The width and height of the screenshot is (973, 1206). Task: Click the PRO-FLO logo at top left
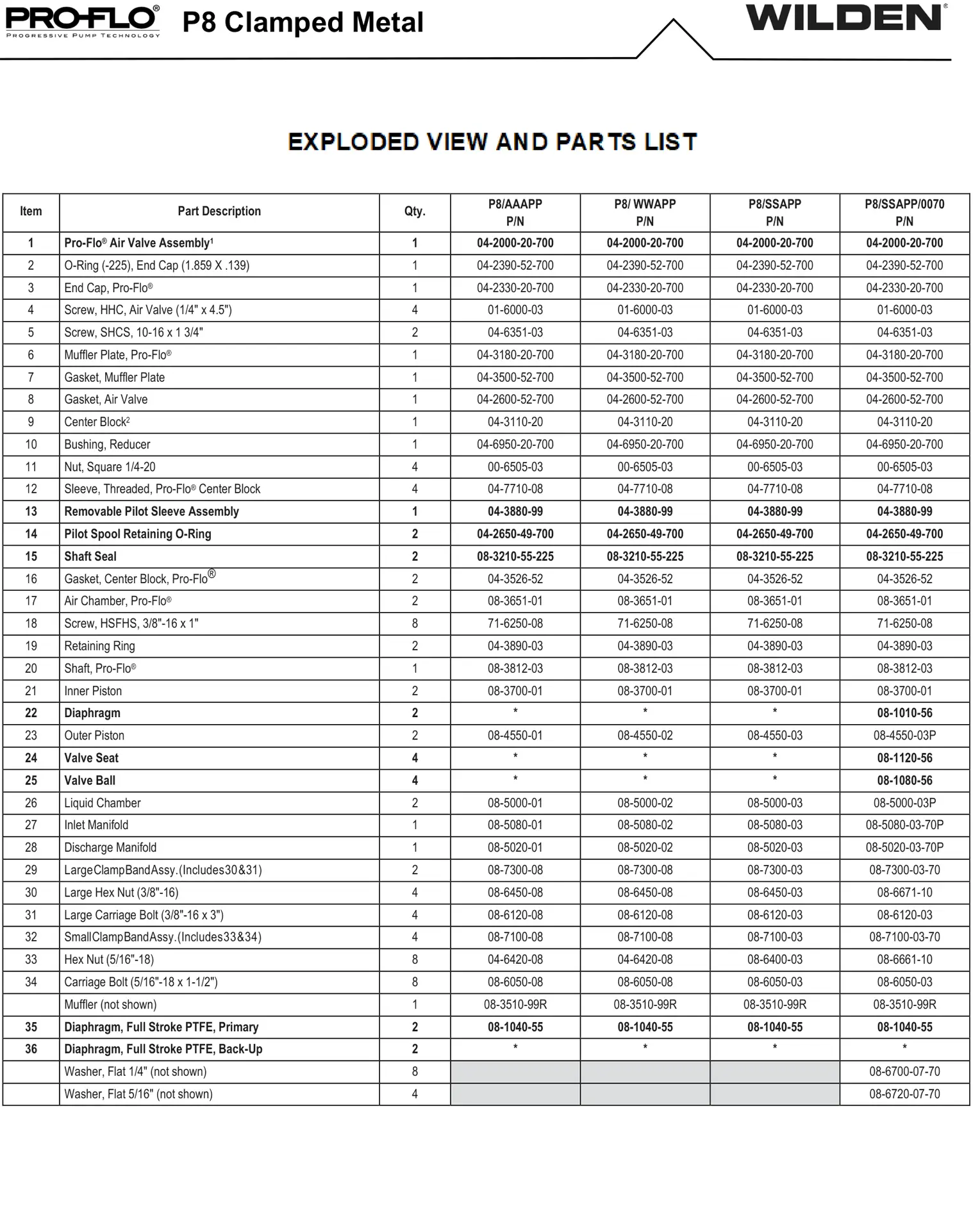(83, 21)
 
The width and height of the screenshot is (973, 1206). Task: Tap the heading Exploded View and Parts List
(492, 142)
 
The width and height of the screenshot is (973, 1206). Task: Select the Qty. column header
(415, 211)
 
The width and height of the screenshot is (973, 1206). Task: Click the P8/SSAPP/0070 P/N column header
(904, 212)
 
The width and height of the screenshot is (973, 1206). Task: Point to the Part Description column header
(219, 211)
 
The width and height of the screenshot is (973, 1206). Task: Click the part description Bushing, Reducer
(107, 445)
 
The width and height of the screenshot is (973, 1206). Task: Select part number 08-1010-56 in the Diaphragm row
(904, 713)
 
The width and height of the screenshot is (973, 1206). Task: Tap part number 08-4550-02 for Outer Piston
(645, 736)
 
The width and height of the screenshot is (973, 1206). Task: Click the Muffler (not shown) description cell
(110, 1004)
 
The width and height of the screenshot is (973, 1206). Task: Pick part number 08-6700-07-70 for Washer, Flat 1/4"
(904, 1071)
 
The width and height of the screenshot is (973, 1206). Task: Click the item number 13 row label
(31, 511)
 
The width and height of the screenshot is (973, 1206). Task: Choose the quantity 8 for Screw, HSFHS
(415, 624)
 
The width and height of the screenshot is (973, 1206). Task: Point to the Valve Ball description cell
(90, 781)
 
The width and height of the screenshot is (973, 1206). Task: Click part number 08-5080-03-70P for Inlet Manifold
(904, 825)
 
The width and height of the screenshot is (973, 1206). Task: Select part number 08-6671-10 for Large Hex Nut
(904, 893)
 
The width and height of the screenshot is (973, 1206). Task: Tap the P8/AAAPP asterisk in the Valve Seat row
(515, 757)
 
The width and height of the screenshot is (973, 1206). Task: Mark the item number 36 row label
(31, 1049)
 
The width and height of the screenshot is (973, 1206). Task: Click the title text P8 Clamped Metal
(303, 22)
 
